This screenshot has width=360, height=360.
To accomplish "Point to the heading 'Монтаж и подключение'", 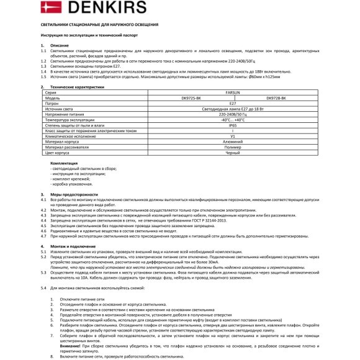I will (68, 246).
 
